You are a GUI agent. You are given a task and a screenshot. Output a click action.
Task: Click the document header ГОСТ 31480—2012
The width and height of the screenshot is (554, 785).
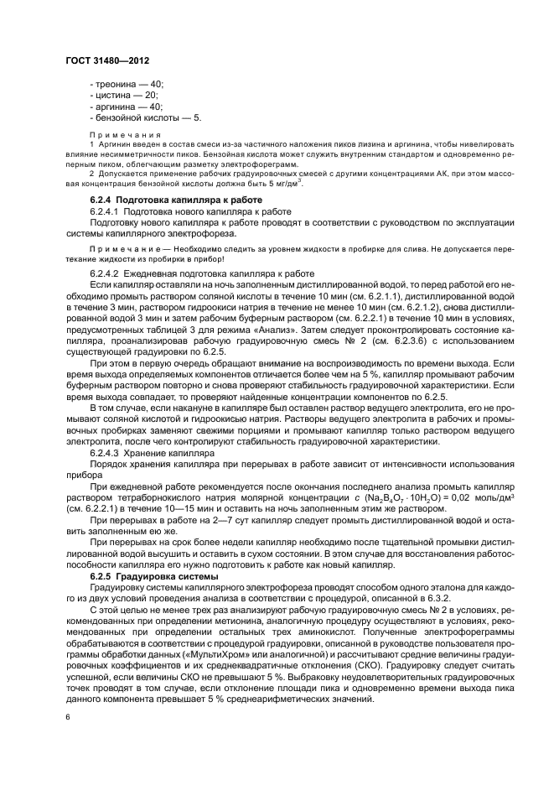point(109,61)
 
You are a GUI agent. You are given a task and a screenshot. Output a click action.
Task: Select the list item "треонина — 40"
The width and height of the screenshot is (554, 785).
point(127,85)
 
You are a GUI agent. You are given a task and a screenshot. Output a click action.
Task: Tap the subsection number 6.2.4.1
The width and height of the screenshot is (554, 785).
point(106,212)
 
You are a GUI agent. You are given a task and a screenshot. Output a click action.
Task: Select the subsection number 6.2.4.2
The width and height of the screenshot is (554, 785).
point(106,274)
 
